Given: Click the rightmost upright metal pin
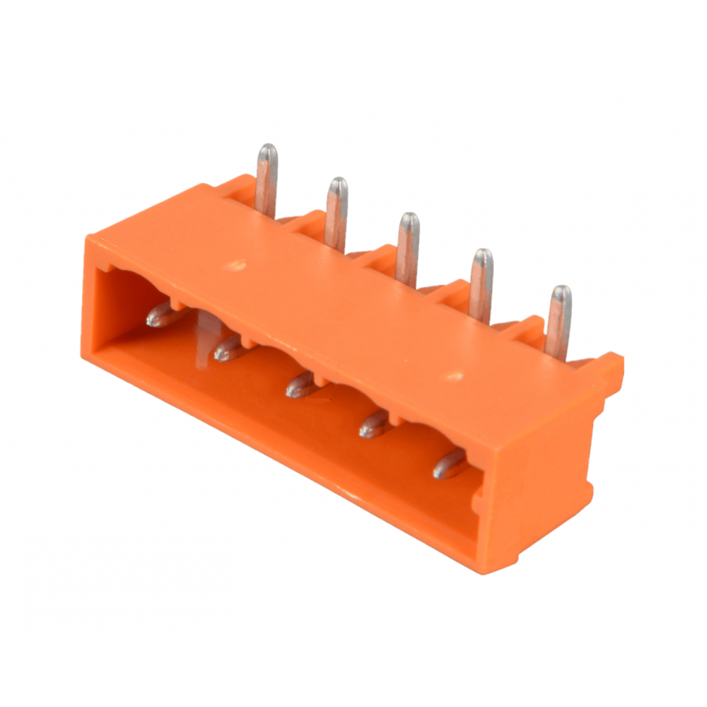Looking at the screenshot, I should (559, 320).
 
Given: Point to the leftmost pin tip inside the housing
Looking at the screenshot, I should (161, 315).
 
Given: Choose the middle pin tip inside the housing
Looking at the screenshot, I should (300, 385).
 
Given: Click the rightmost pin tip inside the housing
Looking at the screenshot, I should (449, 464).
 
